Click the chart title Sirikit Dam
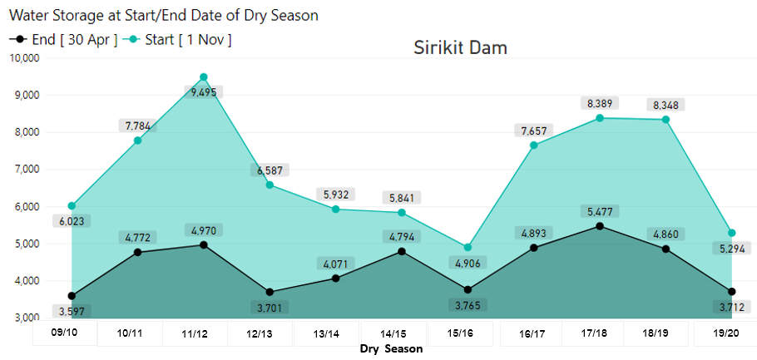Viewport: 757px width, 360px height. pyautogui.click(x=460, y=47)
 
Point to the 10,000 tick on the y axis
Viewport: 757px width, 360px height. pyautogui.click(x=24, y=58)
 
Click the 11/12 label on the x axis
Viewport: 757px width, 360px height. pyautogui.click(x=195, y=333)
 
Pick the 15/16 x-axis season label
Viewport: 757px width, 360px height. pyautogui.click(x=461, y=333)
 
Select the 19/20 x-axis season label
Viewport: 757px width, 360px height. pyautogui.click(x=725, y=333)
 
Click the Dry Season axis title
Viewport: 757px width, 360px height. pyautogui.click(x=391, y=349)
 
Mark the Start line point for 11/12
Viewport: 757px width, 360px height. pyautogui.click(x=204, y=77)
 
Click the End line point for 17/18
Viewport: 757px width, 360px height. pyautogui.click(x=600, y=226)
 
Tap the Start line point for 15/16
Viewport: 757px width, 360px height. pyautogui.click(x=468, y=248)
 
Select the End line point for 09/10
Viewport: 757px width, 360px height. pyautogui.click(x=72, y=296)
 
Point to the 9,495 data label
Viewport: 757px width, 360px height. pyautogui.click(x=204, y=92)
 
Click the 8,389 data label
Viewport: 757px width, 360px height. pyautogui.click(x=600, y=103)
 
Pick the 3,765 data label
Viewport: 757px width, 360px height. pyautogui.click(x=468, y=305)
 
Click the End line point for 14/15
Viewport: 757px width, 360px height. pyautogui.click(x=402, y=251)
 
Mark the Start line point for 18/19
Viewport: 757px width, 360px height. pyautogui.click(x=665, y=120)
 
